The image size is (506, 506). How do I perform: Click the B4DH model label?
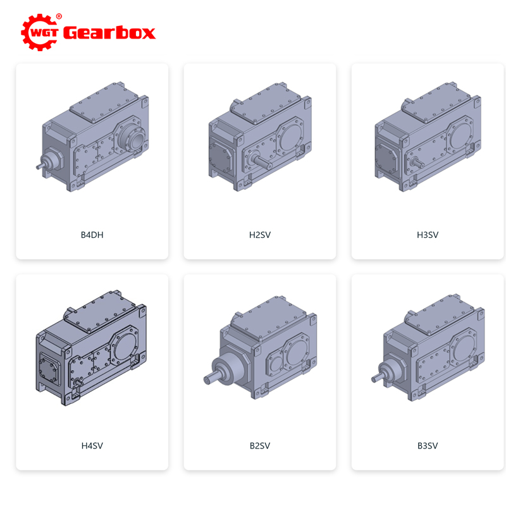tap(92, 235)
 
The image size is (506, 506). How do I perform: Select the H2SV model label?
tap(260, 235)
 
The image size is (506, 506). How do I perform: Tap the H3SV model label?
tap(428, 235)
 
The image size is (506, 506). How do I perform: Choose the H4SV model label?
tap(92, 446)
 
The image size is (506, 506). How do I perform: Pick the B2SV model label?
tap(260, 446)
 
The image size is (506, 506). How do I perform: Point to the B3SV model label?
tap(428, 446)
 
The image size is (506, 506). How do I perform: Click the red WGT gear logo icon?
tap(39, 32)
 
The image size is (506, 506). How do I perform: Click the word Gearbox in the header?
tap(109, 33)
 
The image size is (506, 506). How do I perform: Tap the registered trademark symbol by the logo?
tap(59, 16)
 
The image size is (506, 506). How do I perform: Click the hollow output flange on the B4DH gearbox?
tap(132, 138)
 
